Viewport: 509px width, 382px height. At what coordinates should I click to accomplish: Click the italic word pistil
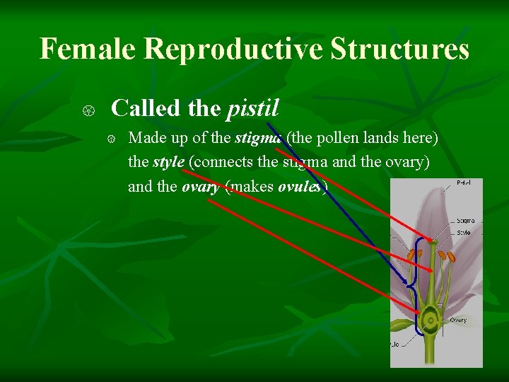(253, 108)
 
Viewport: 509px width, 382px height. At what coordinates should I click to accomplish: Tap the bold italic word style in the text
(168, 161)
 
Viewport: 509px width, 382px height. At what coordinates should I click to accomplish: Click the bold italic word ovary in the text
(200, 187)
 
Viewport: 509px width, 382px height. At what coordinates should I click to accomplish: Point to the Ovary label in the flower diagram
(458, 320)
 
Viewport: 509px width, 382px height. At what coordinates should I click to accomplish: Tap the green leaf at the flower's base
(402, 325)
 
